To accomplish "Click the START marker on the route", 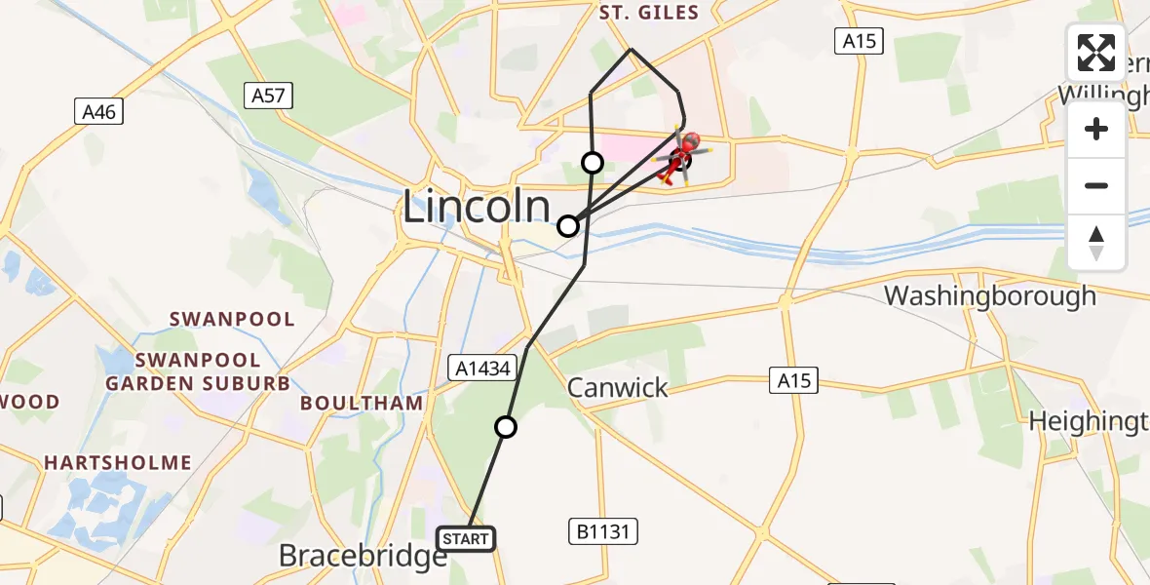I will point(467,538).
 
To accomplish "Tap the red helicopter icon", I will point(679,156).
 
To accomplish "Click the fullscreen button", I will point(1096,53).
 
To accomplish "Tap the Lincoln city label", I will point(476,208).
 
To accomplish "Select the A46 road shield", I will point(99,112).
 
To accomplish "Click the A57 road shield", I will point(267,95).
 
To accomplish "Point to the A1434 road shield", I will point(479,368).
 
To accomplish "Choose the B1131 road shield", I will point(601,531).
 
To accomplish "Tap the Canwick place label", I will point(618,387).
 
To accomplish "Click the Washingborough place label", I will point(989,295).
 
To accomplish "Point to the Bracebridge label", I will point(363,556).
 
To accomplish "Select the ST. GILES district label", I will point(649,13).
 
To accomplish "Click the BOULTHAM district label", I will point(362,403).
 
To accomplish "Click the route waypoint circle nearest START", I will point(506,426).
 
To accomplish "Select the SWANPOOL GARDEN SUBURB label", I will point(198,371).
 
